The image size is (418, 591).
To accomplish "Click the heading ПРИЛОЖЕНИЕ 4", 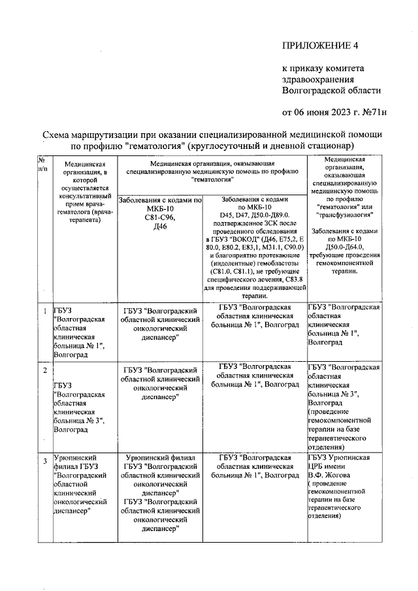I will point(320,45).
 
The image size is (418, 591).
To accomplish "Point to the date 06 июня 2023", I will point(323,112).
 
